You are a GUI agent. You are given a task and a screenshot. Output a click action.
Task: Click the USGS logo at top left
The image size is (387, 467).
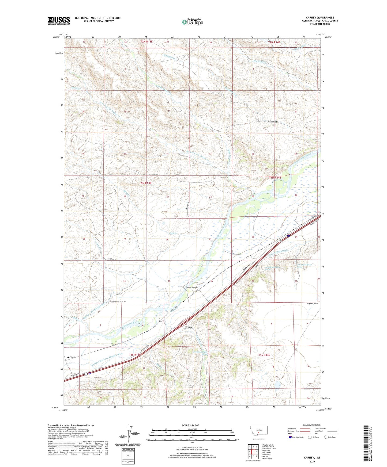[59, 20]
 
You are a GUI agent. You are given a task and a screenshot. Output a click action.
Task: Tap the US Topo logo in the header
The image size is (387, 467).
[192, 22]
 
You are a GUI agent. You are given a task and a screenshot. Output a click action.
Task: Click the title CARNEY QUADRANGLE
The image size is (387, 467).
[321, 18]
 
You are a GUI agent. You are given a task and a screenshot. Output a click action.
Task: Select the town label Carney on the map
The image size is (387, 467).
[71, 357]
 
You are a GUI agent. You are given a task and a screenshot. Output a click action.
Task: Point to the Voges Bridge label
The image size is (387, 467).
[191, 288]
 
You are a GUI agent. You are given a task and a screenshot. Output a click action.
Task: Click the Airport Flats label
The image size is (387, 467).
[312, 304]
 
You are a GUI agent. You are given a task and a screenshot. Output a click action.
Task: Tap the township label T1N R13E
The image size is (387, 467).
[145, 183]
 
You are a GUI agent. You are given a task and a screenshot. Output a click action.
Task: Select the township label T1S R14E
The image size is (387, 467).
[264, 355]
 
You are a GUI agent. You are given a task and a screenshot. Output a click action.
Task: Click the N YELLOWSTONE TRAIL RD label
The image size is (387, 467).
[117, 302]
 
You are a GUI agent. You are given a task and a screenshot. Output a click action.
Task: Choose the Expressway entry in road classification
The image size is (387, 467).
[293, 428]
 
